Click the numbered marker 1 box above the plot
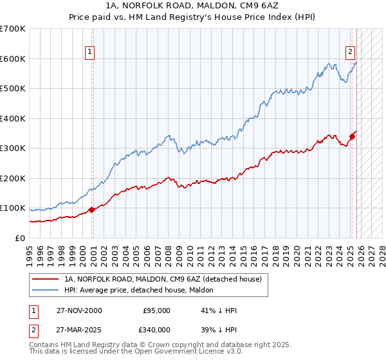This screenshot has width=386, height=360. pyautogui.click(x=89, y=53)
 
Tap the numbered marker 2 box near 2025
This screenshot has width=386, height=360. pyautogui.click(x=350, y=53)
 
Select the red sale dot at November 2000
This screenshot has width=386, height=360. pyautogui.click(x=91, y=209)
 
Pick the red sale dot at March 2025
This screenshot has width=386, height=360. pyautogui.click(x=352, y=136)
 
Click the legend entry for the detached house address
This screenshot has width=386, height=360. pyautogui.click(x=163, y=280)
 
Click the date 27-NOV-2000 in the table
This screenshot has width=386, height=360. pyautogui.click(x=78, y=310)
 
